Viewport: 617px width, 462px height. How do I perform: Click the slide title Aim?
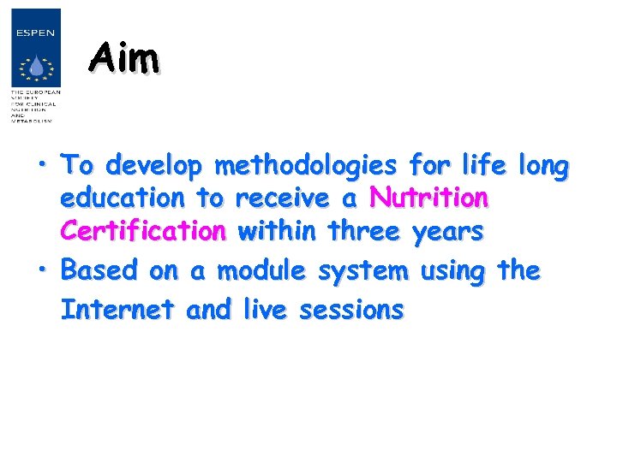pos(125,59)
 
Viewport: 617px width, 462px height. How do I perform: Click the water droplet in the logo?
pos(35,67)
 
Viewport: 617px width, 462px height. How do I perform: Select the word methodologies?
pos(306,165)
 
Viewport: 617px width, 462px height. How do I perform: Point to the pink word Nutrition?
pos(428,198)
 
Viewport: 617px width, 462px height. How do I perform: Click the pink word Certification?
pos(143,232)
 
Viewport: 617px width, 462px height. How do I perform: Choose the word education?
pos(123,198)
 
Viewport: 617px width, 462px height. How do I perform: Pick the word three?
pos(363,232)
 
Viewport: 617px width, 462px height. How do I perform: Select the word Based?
pos(100,271)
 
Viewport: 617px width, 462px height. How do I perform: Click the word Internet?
pos(118,309)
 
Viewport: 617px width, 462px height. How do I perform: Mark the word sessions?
pos(350,309)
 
